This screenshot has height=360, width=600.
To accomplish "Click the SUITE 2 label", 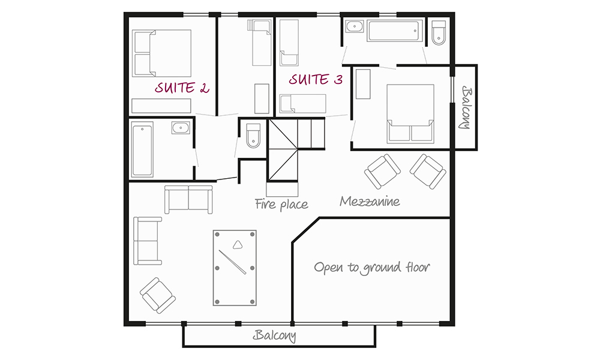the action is coord(182,88).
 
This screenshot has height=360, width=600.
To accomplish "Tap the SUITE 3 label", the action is coord(316,79).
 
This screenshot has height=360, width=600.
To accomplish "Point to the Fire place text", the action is coord(281,204).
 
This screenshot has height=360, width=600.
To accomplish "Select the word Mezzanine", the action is coord(370,201).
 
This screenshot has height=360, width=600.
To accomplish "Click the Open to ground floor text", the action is coord(372,268).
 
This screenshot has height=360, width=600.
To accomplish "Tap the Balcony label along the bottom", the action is coord(274,335).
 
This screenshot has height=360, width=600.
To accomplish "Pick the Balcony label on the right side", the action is coord(466,108).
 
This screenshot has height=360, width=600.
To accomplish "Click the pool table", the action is coord(235,268).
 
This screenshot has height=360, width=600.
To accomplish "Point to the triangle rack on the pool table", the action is coord(238,244).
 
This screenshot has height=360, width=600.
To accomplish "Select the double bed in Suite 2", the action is coord(161,53).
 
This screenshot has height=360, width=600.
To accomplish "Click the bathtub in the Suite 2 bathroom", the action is coord(142,149).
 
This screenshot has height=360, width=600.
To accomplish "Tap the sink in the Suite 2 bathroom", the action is coord(181,127).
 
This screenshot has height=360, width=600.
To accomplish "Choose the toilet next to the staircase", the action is coord(253,136).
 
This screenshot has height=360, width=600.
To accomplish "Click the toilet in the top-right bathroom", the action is coord(439,33).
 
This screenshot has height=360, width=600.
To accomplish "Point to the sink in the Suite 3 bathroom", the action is coord(355,27).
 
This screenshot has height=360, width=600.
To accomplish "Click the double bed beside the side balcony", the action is coord(410,114).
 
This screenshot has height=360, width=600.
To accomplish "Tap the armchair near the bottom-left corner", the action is coord(158,295).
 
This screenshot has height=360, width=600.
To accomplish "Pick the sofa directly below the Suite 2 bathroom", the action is coord(188,199).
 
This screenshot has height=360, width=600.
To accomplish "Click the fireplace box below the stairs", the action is coord(283,189).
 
